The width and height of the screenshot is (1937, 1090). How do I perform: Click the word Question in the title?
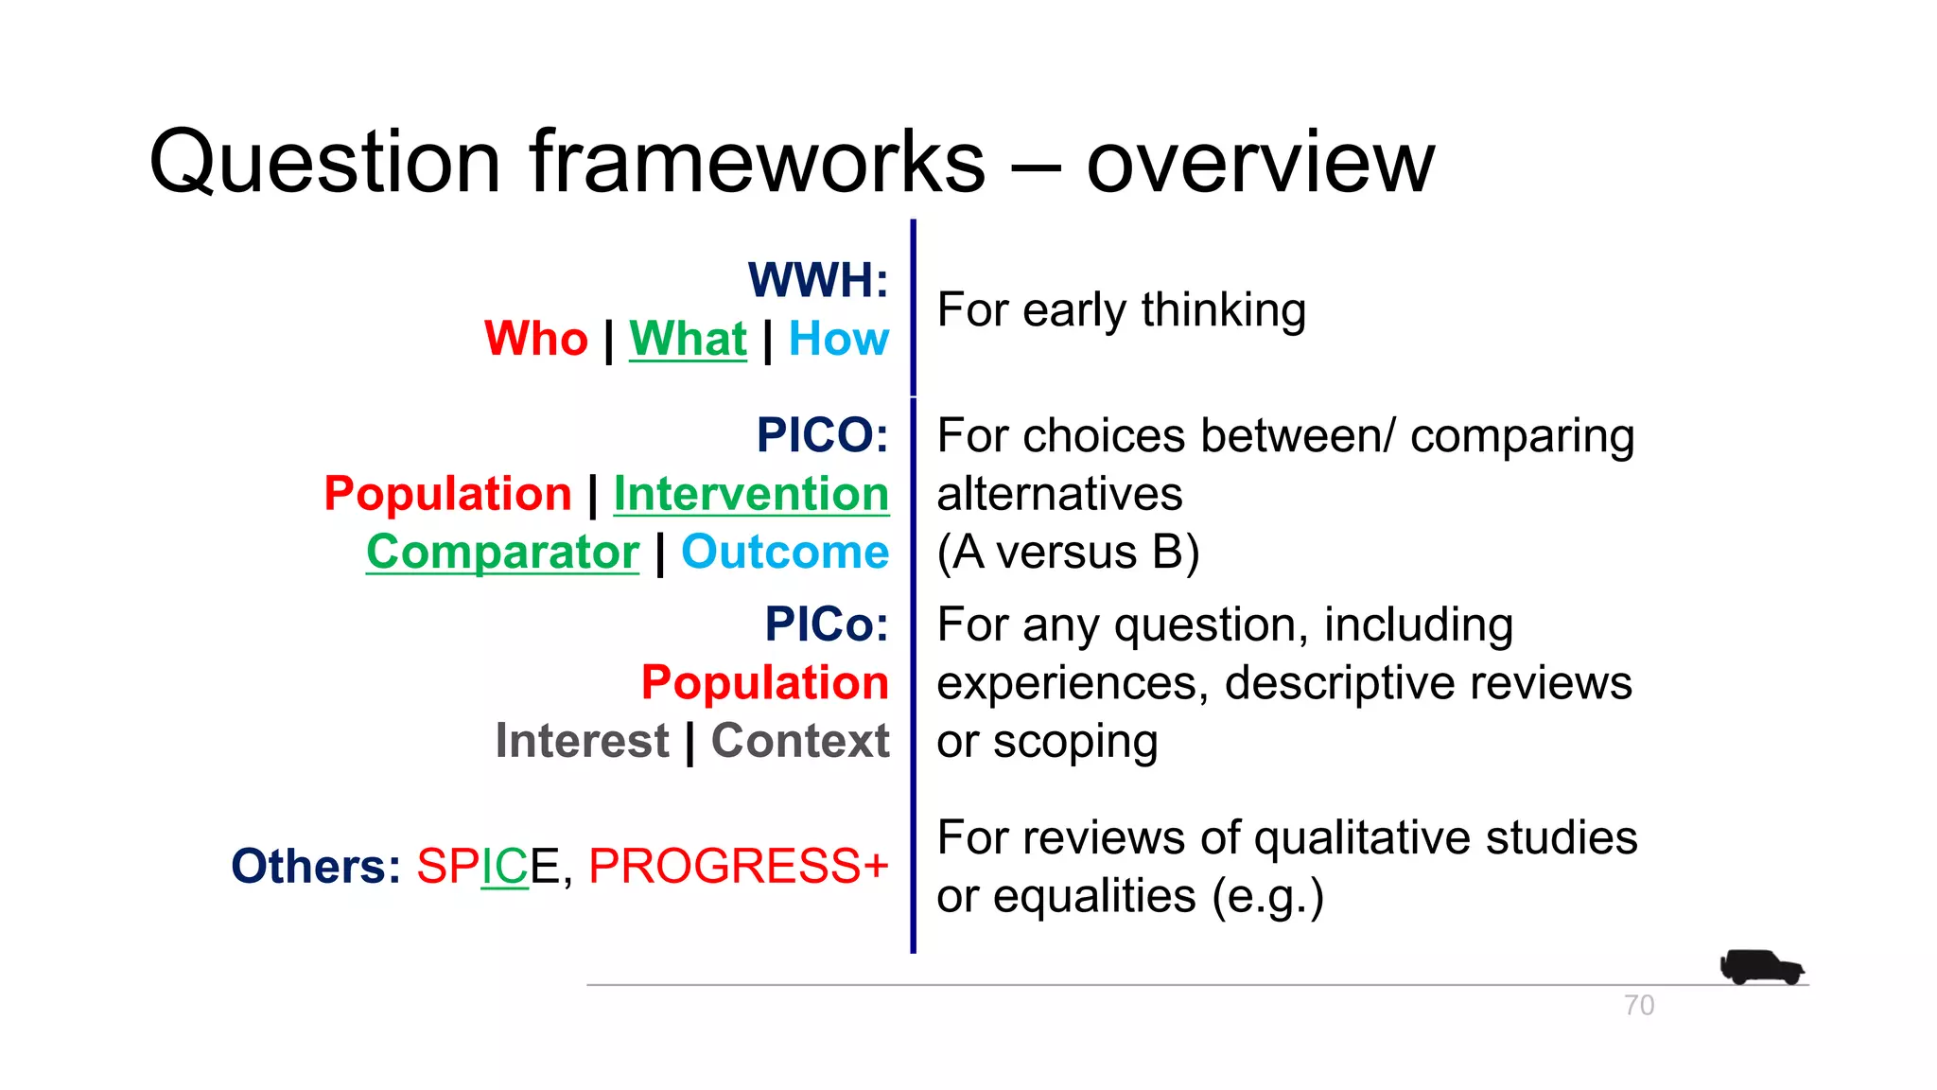(323, 163)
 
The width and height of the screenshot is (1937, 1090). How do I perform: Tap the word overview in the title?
(1260, 163)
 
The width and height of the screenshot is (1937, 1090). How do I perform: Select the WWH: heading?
(818, 280)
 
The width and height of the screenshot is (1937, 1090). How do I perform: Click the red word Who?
(535, 339)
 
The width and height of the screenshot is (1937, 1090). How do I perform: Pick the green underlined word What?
(688, 339)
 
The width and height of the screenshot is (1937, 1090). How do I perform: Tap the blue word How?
(838, 339)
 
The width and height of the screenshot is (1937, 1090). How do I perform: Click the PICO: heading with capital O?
(822, 435)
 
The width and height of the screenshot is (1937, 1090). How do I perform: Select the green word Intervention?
(751, 494)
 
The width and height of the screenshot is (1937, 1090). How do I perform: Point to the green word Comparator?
(502, 552)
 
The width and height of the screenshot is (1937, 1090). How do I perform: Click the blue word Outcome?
(784, 552)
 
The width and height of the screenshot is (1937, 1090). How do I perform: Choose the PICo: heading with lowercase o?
(827, 624)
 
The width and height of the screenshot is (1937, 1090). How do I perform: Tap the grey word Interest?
(582, 741)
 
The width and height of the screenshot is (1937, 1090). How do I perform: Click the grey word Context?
(799, 741)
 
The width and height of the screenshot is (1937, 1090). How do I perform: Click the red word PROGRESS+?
(738, 866)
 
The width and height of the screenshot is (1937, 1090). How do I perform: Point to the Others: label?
(316, 866)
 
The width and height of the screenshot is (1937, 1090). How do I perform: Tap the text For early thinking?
(1121, 310)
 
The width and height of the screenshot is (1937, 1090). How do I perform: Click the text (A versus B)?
(1068, 552)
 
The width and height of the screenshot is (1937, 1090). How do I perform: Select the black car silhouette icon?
(1761, 967)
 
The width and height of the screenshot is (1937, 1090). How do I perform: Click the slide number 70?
(1639, 1005)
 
